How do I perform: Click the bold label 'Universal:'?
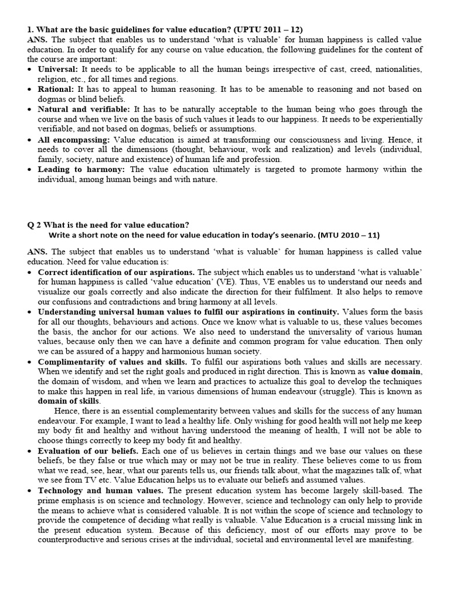point(59,69)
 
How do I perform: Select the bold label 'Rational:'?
point(56,89)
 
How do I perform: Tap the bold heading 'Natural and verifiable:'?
point(84,109)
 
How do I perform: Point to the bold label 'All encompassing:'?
point(74,140)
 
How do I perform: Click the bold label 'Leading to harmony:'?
point(82,170)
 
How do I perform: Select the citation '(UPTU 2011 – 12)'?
point(269,29)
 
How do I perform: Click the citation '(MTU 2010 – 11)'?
point(348,235)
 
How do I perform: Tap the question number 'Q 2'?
point(35,225)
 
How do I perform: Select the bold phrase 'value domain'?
point(394,371)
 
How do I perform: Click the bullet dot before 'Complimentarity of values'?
point(30,362)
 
